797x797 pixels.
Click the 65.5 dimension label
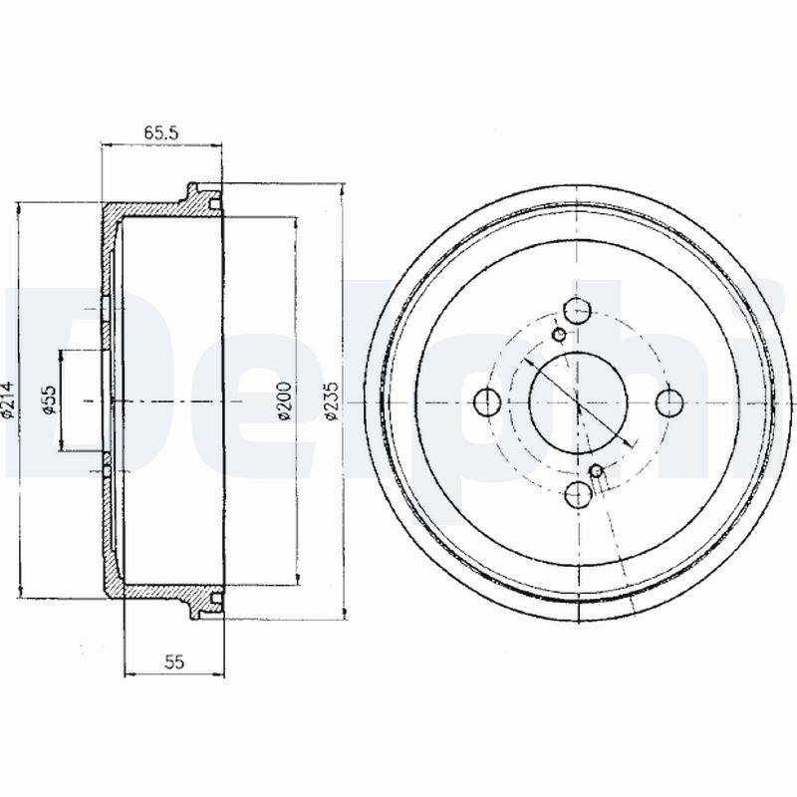pos(160,133)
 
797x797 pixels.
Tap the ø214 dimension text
pos(8,400)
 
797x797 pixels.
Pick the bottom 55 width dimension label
pos(173,662)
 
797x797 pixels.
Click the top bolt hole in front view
pos(579,311)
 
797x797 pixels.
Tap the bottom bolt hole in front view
pos(579,494)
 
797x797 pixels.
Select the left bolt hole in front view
pos(487,402)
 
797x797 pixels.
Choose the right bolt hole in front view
pos(669,402)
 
